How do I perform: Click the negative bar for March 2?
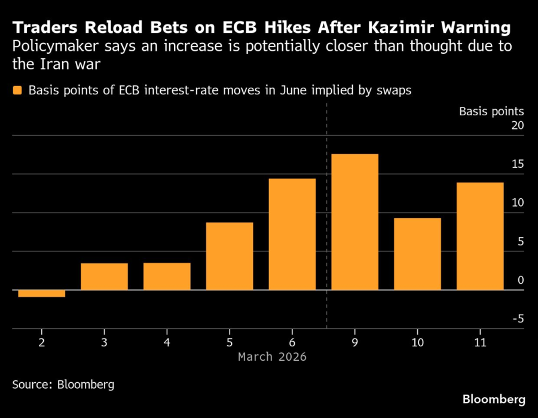coord(41,293)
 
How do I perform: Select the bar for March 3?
coord(104,276)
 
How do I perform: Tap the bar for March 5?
coord(230,256)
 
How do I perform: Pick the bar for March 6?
coord(292,234)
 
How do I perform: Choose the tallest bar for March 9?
coord(354,222)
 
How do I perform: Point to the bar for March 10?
coord(417,254)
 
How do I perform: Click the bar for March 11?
coord(480,236)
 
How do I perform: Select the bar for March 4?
coord(167,276)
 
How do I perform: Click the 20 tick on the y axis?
coord(517,126)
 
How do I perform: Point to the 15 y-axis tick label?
coord(517,165)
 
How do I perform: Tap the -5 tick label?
coord(517,319)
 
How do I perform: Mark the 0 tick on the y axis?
coord(520,281)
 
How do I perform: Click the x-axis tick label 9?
coord(354,342)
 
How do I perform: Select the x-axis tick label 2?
coord(41,342)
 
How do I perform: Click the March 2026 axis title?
coord(272,356)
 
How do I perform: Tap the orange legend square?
coord(17,90)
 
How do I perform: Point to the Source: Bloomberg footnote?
coord(63,384)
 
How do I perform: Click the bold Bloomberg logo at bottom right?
coord(494,398)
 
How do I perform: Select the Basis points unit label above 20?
coord(491,111)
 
